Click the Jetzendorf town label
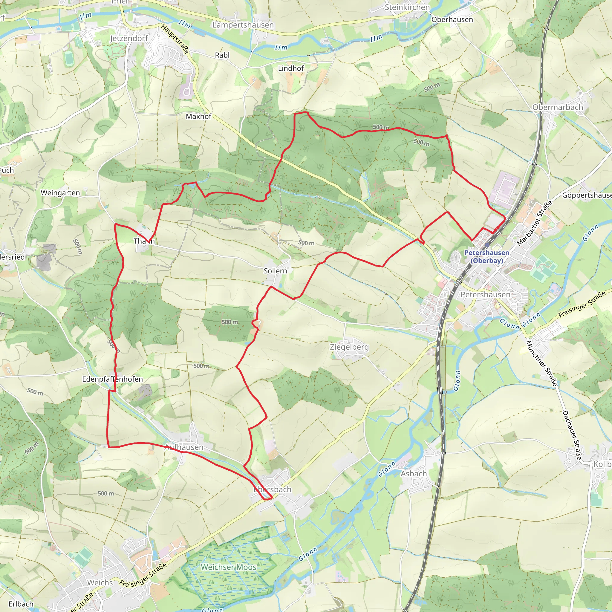(129, 38)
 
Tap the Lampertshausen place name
(243, 25)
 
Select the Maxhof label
(198, 116)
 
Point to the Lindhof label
(291, 68)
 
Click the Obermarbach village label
(558, 107)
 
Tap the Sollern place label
(275, 271)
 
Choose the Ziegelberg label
(349, 347)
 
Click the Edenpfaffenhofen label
(112, 379)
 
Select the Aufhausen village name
(184, 447)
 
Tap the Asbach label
(414, 474)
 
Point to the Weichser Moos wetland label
(228, 567)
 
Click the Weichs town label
(100, 582)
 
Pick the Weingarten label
(60, 193)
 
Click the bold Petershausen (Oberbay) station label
(486, 257)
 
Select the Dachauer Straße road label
(572, 435)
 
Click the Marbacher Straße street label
(534, 223)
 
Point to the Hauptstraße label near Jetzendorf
(175, 39)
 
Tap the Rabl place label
(222, 55)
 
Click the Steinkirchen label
(407, 7)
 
